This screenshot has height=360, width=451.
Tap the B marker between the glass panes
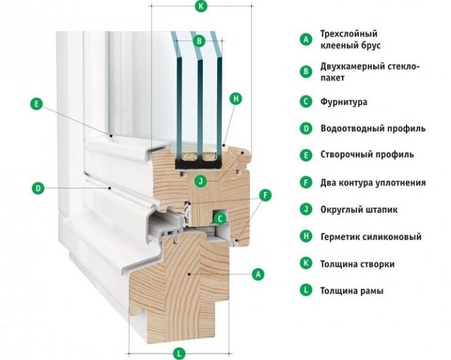click(x=198, y=41)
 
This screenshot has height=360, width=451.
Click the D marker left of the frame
click(x=38, y=189)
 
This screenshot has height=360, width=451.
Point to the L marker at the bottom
click(x=179, y=353)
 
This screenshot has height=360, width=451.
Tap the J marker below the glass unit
click(x=199, y=180)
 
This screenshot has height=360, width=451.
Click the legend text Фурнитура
click(x=347, y=102)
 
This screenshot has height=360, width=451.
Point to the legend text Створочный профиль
click(x=367, y=155)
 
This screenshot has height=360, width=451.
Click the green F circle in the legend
click(x=306, y=182)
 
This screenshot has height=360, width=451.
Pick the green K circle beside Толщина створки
click(x=306, y=263)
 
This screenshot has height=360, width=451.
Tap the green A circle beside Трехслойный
click(x=306, y=39)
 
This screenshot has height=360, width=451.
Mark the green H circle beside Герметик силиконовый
click(x=306, y=236)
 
